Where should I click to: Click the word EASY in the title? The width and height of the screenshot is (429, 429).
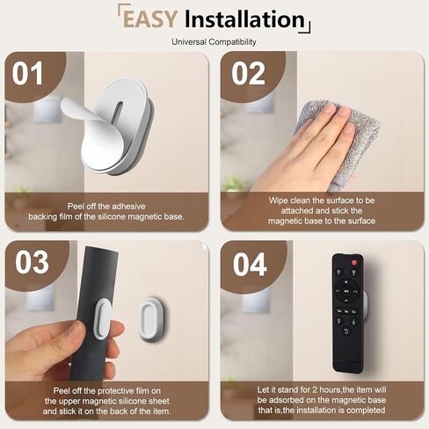click(150, 19)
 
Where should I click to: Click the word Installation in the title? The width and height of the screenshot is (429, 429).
click(245, 19)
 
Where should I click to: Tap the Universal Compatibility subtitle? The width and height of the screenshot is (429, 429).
click(214, 42)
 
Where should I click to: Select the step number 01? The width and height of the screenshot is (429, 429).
click(27, 73)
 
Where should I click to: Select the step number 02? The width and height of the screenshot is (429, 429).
click(248, 73)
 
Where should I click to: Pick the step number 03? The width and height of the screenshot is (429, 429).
click(32, 262)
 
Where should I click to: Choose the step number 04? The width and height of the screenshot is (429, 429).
click(250, 265)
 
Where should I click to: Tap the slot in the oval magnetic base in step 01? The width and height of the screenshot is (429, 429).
click(118, 114)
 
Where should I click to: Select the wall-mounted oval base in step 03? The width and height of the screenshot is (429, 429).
click(153, 320)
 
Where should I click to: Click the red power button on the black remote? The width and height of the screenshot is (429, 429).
click(354, 262)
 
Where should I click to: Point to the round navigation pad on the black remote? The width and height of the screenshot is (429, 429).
click(346, 291)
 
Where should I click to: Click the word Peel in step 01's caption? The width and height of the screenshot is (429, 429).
click(76, 207)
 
